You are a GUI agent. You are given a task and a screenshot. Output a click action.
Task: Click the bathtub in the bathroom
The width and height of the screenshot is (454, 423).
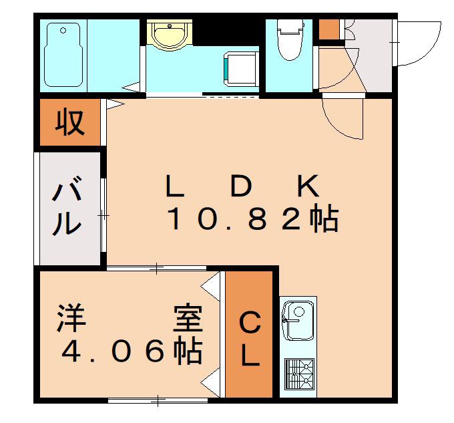click(63, 55)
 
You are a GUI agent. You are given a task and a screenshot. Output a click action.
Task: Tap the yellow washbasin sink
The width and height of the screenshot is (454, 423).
click(170, 35)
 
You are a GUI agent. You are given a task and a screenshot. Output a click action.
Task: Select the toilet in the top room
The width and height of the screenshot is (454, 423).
click(290, 39)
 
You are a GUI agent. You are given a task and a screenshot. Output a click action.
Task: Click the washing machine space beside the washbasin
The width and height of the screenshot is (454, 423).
click(241, 69)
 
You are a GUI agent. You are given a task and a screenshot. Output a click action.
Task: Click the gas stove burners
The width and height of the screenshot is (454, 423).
click(300, 374)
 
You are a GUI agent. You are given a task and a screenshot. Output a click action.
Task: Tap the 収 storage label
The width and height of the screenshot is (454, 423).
click(70, 122)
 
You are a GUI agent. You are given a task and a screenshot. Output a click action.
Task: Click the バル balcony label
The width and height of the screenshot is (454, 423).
click(67, 205)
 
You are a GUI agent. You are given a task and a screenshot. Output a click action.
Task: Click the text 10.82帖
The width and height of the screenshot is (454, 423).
click(252, 217)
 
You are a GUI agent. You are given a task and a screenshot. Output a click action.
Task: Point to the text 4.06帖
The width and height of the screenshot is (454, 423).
click(132, 350)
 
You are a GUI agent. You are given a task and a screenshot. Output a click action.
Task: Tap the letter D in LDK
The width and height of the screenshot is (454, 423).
click(241, 185)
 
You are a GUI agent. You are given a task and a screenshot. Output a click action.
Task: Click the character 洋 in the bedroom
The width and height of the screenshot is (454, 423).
click(71, 318)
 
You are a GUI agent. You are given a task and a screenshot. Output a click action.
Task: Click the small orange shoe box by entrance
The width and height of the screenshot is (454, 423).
click(329, 29)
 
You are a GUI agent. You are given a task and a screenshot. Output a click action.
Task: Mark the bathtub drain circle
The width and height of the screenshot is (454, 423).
click(63, 31)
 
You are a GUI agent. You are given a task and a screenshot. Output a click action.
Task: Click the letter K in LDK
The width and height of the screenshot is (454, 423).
click(308, 185)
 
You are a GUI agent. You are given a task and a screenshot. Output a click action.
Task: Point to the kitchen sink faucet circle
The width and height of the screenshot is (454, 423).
click(299, 312)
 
